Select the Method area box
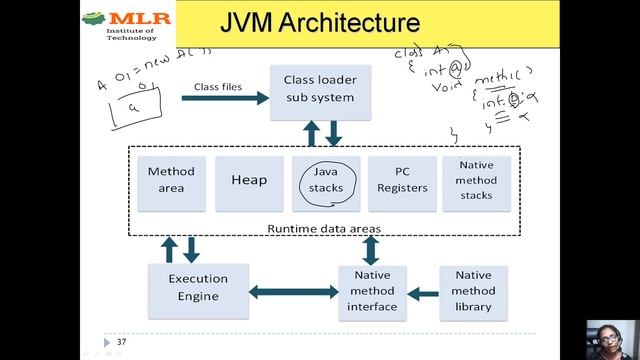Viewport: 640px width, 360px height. [x=171, y=180]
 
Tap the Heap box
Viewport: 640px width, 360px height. [x=249, y=180]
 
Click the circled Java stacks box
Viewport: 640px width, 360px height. [x=326, y=180]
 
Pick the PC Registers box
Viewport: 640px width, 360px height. [x=402, y=180]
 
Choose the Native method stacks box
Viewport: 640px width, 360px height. [x=476, y=180]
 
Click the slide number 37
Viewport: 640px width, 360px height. [x=121, y=342]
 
